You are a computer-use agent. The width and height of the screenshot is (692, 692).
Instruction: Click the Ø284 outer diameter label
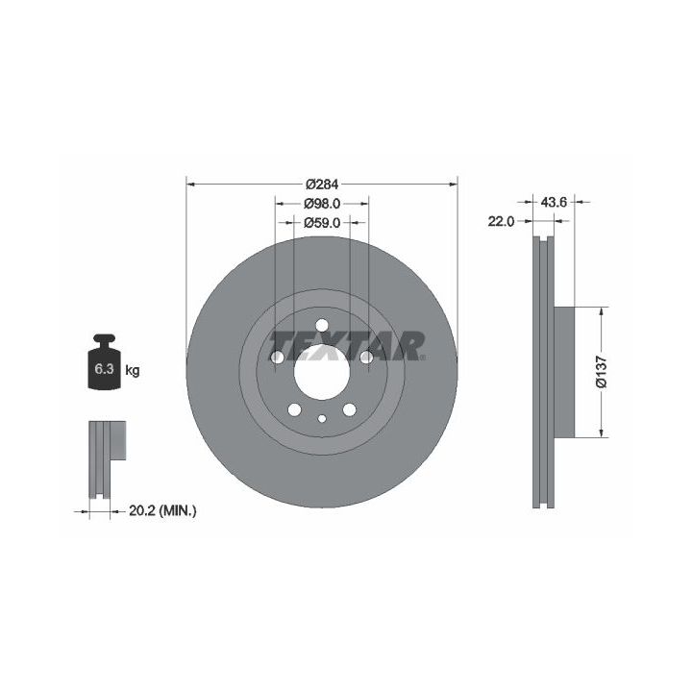click(x=322, y=184)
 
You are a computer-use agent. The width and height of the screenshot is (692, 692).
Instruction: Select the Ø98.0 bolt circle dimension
click(x=322, y=204)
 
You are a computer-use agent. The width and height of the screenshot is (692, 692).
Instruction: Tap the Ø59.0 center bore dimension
click(x=322, y=223)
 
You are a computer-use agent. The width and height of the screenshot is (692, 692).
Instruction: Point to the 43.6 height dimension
click(x=554, y=202)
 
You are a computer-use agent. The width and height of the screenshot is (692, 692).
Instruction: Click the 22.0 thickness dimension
click(x=501, y=221)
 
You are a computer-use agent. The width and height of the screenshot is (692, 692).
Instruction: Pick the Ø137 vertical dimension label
click(x=602, y=372)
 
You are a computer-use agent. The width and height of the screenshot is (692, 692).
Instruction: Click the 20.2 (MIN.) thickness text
click(x=162, y=511)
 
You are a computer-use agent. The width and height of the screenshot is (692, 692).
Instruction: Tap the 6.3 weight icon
click(x=104, y=362)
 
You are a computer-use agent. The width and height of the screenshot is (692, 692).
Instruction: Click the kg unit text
click(x=133, y=370)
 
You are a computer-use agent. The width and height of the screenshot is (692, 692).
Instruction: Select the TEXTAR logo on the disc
click(x=347, y=346)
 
